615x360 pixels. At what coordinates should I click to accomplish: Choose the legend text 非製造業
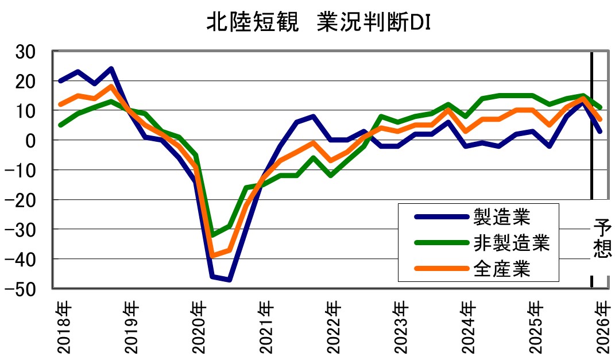(x=512, y=243)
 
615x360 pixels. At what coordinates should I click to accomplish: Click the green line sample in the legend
(x=440, y=243)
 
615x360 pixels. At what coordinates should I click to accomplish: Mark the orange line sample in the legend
(x=440, y=269)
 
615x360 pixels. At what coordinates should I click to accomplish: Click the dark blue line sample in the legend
(x=440, y=217)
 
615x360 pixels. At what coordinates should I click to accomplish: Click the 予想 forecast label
(x=602, y=239)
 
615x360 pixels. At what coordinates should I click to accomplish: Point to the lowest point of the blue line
(x=229, y=280)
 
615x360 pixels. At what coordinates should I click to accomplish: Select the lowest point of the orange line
(x=212, y=256)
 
